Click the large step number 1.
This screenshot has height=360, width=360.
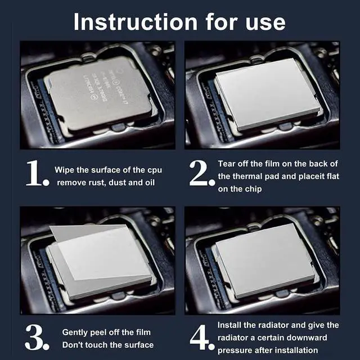tap(37, 174)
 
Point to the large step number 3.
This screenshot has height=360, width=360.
tap(37, 338)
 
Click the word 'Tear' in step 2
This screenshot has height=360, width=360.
tap(228, 164)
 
